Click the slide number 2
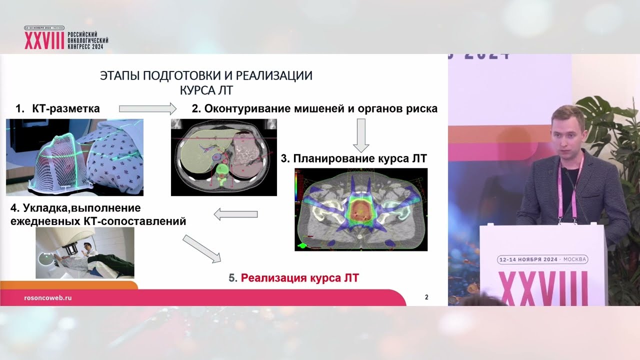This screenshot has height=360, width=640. coord(426,297)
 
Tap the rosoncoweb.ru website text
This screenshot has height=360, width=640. coord(48,297)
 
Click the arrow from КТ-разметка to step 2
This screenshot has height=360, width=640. coord(148,108)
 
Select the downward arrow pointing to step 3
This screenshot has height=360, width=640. coord(360,135)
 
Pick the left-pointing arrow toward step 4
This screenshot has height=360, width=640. coord(235,214)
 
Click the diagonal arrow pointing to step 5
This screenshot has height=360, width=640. coord(201,248)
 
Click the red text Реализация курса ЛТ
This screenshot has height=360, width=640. coord(299,278)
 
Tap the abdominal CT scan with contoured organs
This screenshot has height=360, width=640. coord(223,157)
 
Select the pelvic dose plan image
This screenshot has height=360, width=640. coord(361,209)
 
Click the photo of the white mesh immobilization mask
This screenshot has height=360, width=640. coord(74,157)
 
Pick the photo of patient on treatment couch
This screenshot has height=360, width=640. coord(84,252)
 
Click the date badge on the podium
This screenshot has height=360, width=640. coord(542,259)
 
